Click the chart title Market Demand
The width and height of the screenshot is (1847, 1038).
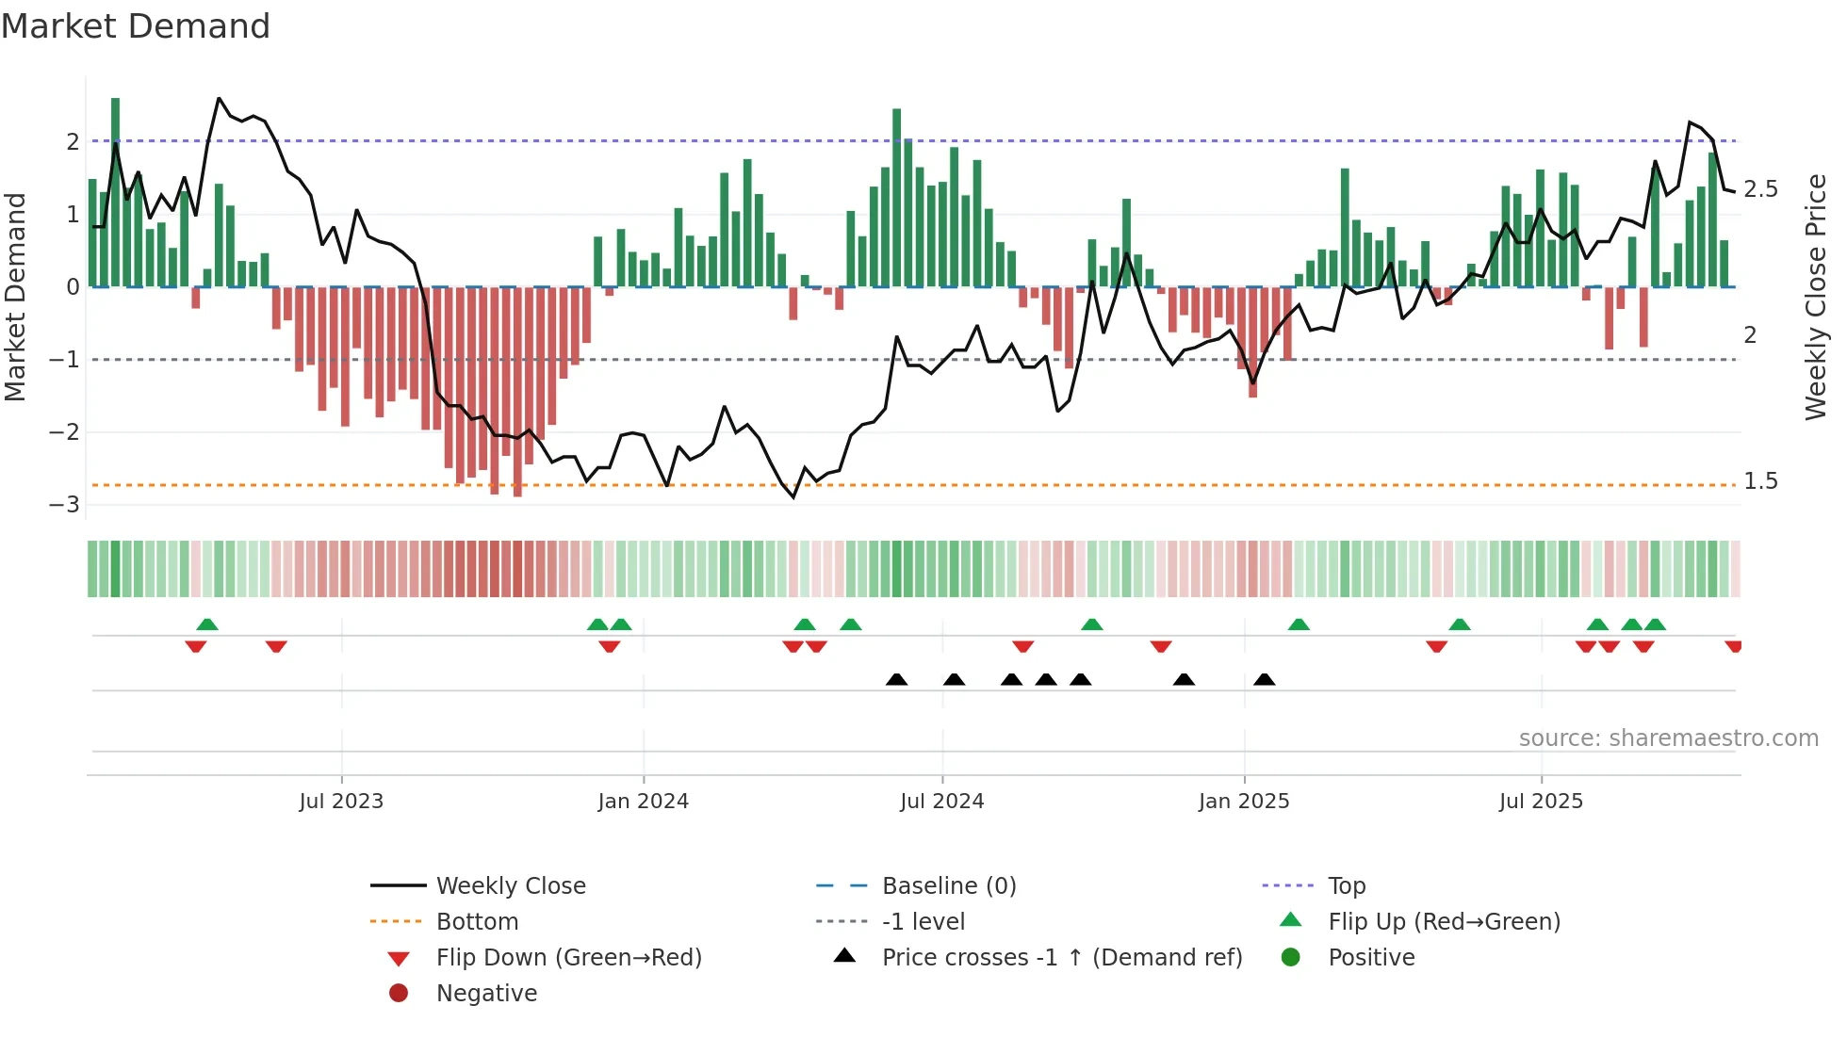[136, 26]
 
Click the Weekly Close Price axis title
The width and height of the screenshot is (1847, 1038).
[1815, 297]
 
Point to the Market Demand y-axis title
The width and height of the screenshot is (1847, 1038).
[15, 297]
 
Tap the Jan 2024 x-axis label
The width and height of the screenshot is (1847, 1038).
[643, 802]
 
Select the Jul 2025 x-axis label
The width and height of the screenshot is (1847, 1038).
[1541, 802]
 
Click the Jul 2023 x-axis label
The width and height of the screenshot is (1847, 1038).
[341, 802]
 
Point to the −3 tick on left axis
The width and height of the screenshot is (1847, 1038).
[65, 505]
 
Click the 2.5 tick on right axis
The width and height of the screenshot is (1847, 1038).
[1760, 189]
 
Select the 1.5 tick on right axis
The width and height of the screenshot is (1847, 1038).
[1760, 481]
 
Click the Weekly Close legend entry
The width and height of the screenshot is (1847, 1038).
[510, 886]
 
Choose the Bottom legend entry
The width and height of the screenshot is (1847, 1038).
[477, 922]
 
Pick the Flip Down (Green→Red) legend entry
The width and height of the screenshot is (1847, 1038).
[568, 958]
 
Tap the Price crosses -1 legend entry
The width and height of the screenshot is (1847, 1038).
[1061, 958]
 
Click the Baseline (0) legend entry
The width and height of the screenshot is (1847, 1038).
[948, 886]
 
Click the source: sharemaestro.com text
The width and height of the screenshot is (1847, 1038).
[1668, 738]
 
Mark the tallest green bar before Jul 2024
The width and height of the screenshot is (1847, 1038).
[896, 198]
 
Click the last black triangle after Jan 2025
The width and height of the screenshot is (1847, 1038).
[1265, 680]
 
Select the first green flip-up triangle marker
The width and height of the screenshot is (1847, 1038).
[207, 624]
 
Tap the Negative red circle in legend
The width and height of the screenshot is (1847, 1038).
[399, 994]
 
